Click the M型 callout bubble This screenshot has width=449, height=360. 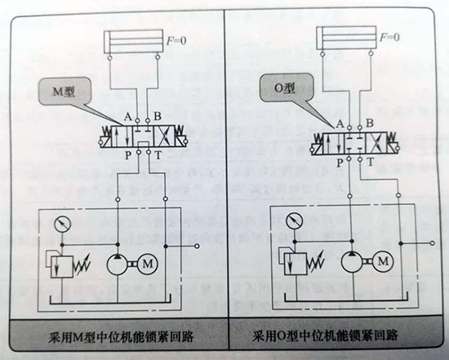click(64, 91)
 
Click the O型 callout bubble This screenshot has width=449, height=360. click(285, 87)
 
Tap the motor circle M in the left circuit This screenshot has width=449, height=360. click(148, 264)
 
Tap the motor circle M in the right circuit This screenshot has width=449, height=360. click(383, 261)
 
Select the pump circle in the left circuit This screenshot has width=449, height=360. click(118, 264)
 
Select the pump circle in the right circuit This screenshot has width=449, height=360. click(352, 261)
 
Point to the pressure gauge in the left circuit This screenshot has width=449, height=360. click(62, 224)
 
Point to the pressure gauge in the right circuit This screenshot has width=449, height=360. click(295, 221)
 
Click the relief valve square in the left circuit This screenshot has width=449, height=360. click(62, 267)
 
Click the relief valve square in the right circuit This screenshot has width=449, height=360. click(296, 264)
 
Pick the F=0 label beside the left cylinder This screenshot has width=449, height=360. click(176, 41)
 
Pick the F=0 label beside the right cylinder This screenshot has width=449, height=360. click(389, 38)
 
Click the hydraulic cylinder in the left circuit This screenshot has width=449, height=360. click(134, 42)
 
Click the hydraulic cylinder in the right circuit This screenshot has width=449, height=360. click(346, 38)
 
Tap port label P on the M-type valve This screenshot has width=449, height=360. click(128, 156)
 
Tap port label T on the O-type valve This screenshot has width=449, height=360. click(371, 162)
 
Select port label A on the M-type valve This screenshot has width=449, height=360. click(127, 117)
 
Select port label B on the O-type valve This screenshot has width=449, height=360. click(370, 123)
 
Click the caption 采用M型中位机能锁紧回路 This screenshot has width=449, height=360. click(120, 336)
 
